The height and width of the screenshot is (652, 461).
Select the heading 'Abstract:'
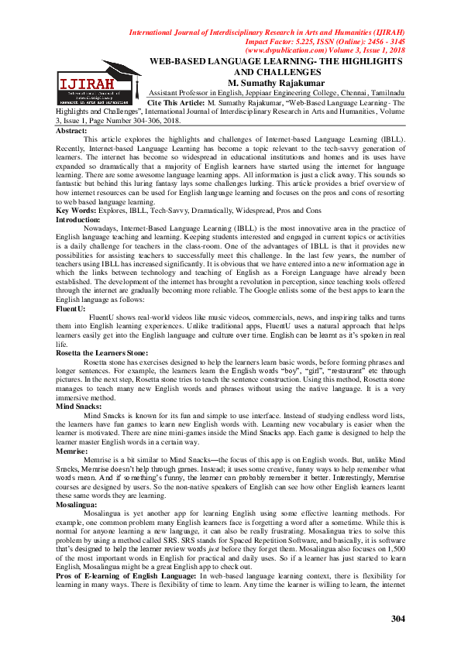tap(71, 132)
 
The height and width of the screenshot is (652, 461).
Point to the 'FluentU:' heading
tap(73, 308)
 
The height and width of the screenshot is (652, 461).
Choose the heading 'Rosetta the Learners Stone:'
tap(101, 352)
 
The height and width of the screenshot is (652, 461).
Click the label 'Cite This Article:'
tap(175, 102)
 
